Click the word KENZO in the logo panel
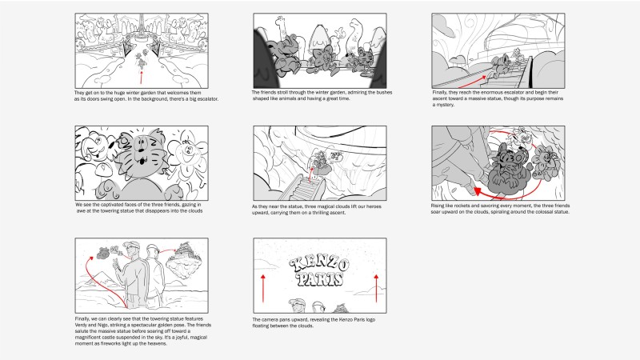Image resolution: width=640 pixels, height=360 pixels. pyautogui.click(x=319, y=265)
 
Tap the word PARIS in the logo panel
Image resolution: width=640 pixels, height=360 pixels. pyautogui.click(x=319, y=279)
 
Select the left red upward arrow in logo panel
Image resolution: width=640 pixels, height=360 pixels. pyautogui.click(x=263, y=288)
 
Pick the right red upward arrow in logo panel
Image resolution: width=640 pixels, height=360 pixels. pyautogui.click(x=376, y=288)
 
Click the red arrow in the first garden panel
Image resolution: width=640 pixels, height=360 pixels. pyautogui.click(x=142, y=77)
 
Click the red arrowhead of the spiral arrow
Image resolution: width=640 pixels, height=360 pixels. pyautogui.click(x=478, y=191)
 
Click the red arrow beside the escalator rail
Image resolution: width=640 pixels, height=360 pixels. pyautogui.click(x=472, y=82)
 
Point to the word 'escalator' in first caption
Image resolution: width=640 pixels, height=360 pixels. pyautogui.click(x=207, y=99)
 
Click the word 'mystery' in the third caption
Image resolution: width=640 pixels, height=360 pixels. pyautogui.click(x=446, y=105)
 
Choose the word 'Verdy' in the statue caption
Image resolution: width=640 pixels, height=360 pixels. pyautogui.click(x=82, y=325)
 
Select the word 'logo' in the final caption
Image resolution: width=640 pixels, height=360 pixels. pyautogui.click(x=370, y=319)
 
